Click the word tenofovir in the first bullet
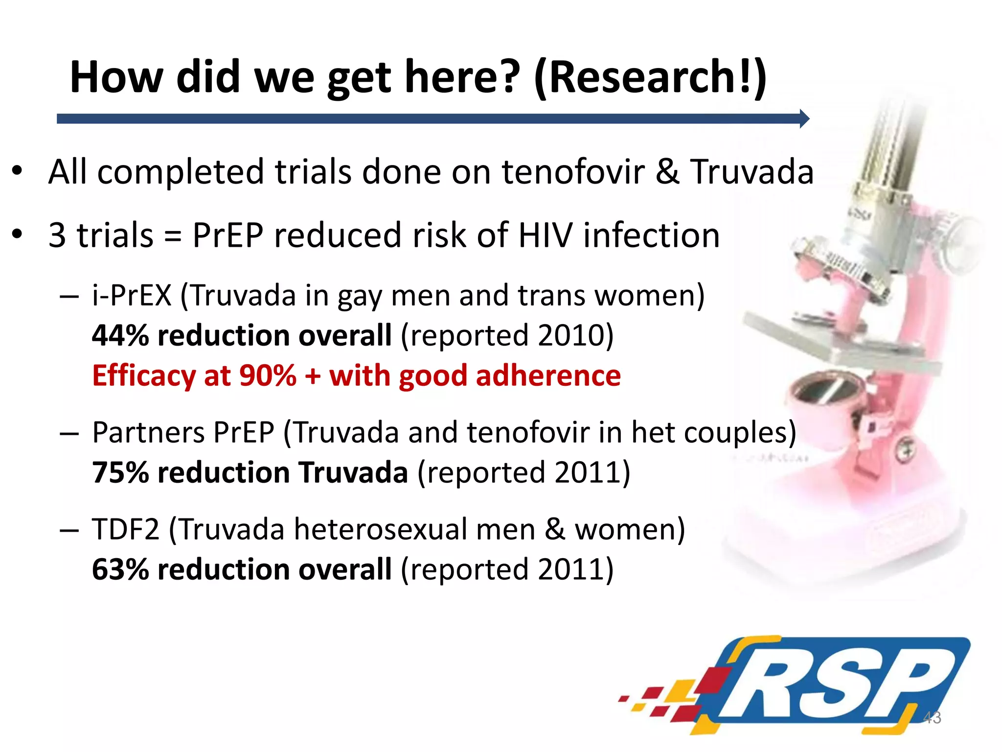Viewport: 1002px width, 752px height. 573,172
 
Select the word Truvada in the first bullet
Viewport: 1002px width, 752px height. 752,172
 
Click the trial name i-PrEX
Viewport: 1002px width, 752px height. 132,295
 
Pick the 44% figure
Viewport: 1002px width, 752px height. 120,336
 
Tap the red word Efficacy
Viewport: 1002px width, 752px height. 144,376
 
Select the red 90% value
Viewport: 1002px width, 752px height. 268,376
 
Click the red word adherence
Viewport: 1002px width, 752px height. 548,376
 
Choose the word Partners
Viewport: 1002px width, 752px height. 148,433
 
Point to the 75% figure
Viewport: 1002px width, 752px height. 120,473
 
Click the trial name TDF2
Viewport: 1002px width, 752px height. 126,530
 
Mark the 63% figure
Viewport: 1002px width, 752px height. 120,570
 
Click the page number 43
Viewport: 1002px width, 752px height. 932,718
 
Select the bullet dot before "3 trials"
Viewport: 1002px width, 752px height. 18,235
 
